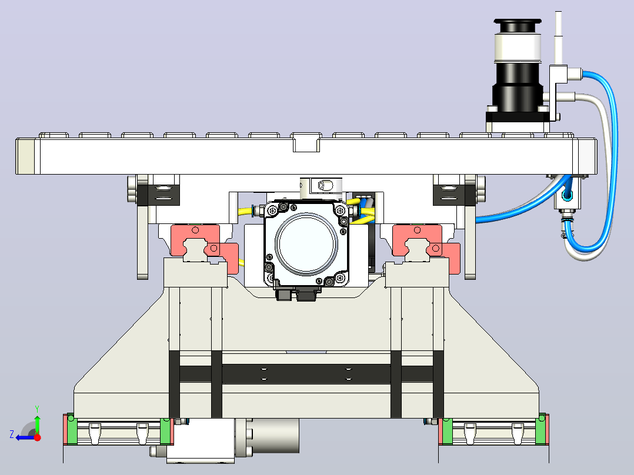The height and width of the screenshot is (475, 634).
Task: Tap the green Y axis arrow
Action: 37,420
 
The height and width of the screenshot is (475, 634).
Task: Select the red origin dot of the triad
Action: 38,437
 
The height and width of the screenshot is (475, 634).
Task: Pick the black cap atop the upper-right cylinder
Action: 518,26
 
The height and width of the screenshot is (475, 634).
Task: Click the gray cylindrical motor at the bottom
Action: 272,436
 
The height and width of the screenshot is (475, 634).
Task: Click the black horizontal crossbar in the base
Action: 306,374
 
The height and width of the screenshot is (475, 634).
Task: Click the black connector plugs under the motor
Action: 296,294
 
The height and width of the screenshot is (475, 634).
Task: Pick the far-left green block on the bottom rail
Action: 71,430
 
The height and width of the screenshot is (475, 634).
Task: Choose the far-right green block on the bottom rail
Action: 540,430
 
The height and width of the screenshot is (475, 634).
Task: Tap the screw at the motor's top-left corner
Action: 273,210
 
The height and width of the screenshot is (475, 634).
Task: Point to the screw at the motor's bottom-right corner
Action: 341,278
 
